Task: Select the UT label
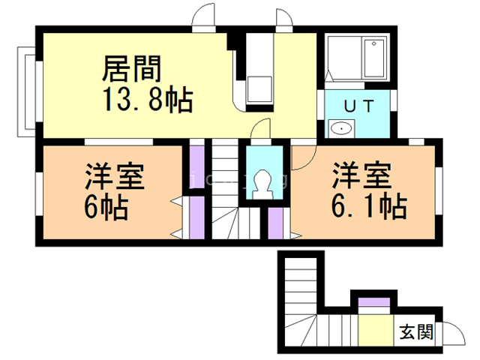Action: (x=358, y=105)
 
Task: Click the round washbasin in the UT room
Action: (x=342, y=128)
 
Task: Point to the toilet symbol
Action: (x=263, y=183)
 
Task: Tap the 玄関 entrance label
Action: (x=415, y=331)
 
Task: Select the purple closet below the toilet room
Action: (x=275, y=223)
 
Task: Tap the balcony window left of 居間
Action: (x=25, y=91)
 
